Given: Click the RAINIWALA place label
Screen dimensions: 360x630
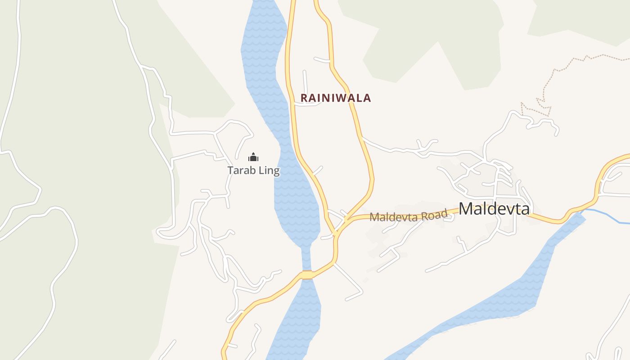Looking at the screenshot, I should pyautogui.click(x=336, y=98).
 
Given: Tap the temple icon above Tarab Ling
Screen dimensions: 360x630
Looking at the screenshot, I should pyautogui.click(x=253, y=157).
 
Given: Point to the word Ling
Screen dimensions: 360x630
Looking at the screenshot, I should pyautogui.click(x=268, y=171).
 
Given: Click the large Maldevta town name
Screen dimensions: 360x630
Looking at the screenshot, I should pyautogui.click(x=494, y=209).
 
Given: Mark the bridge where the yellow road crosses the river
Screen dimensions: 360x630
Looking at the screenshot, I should pyautogui.click(x=307, y=274).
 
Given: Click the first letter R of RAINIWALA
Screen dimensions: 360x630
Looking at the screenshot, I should pyautogui.click(x=304, y=98).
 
